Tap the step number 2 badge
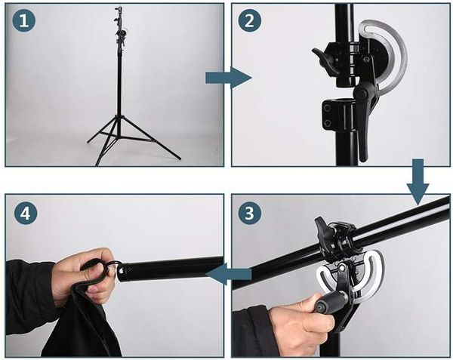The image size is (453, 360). pos(249,22)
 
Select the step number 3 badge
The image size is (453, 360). pos(249,214)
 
